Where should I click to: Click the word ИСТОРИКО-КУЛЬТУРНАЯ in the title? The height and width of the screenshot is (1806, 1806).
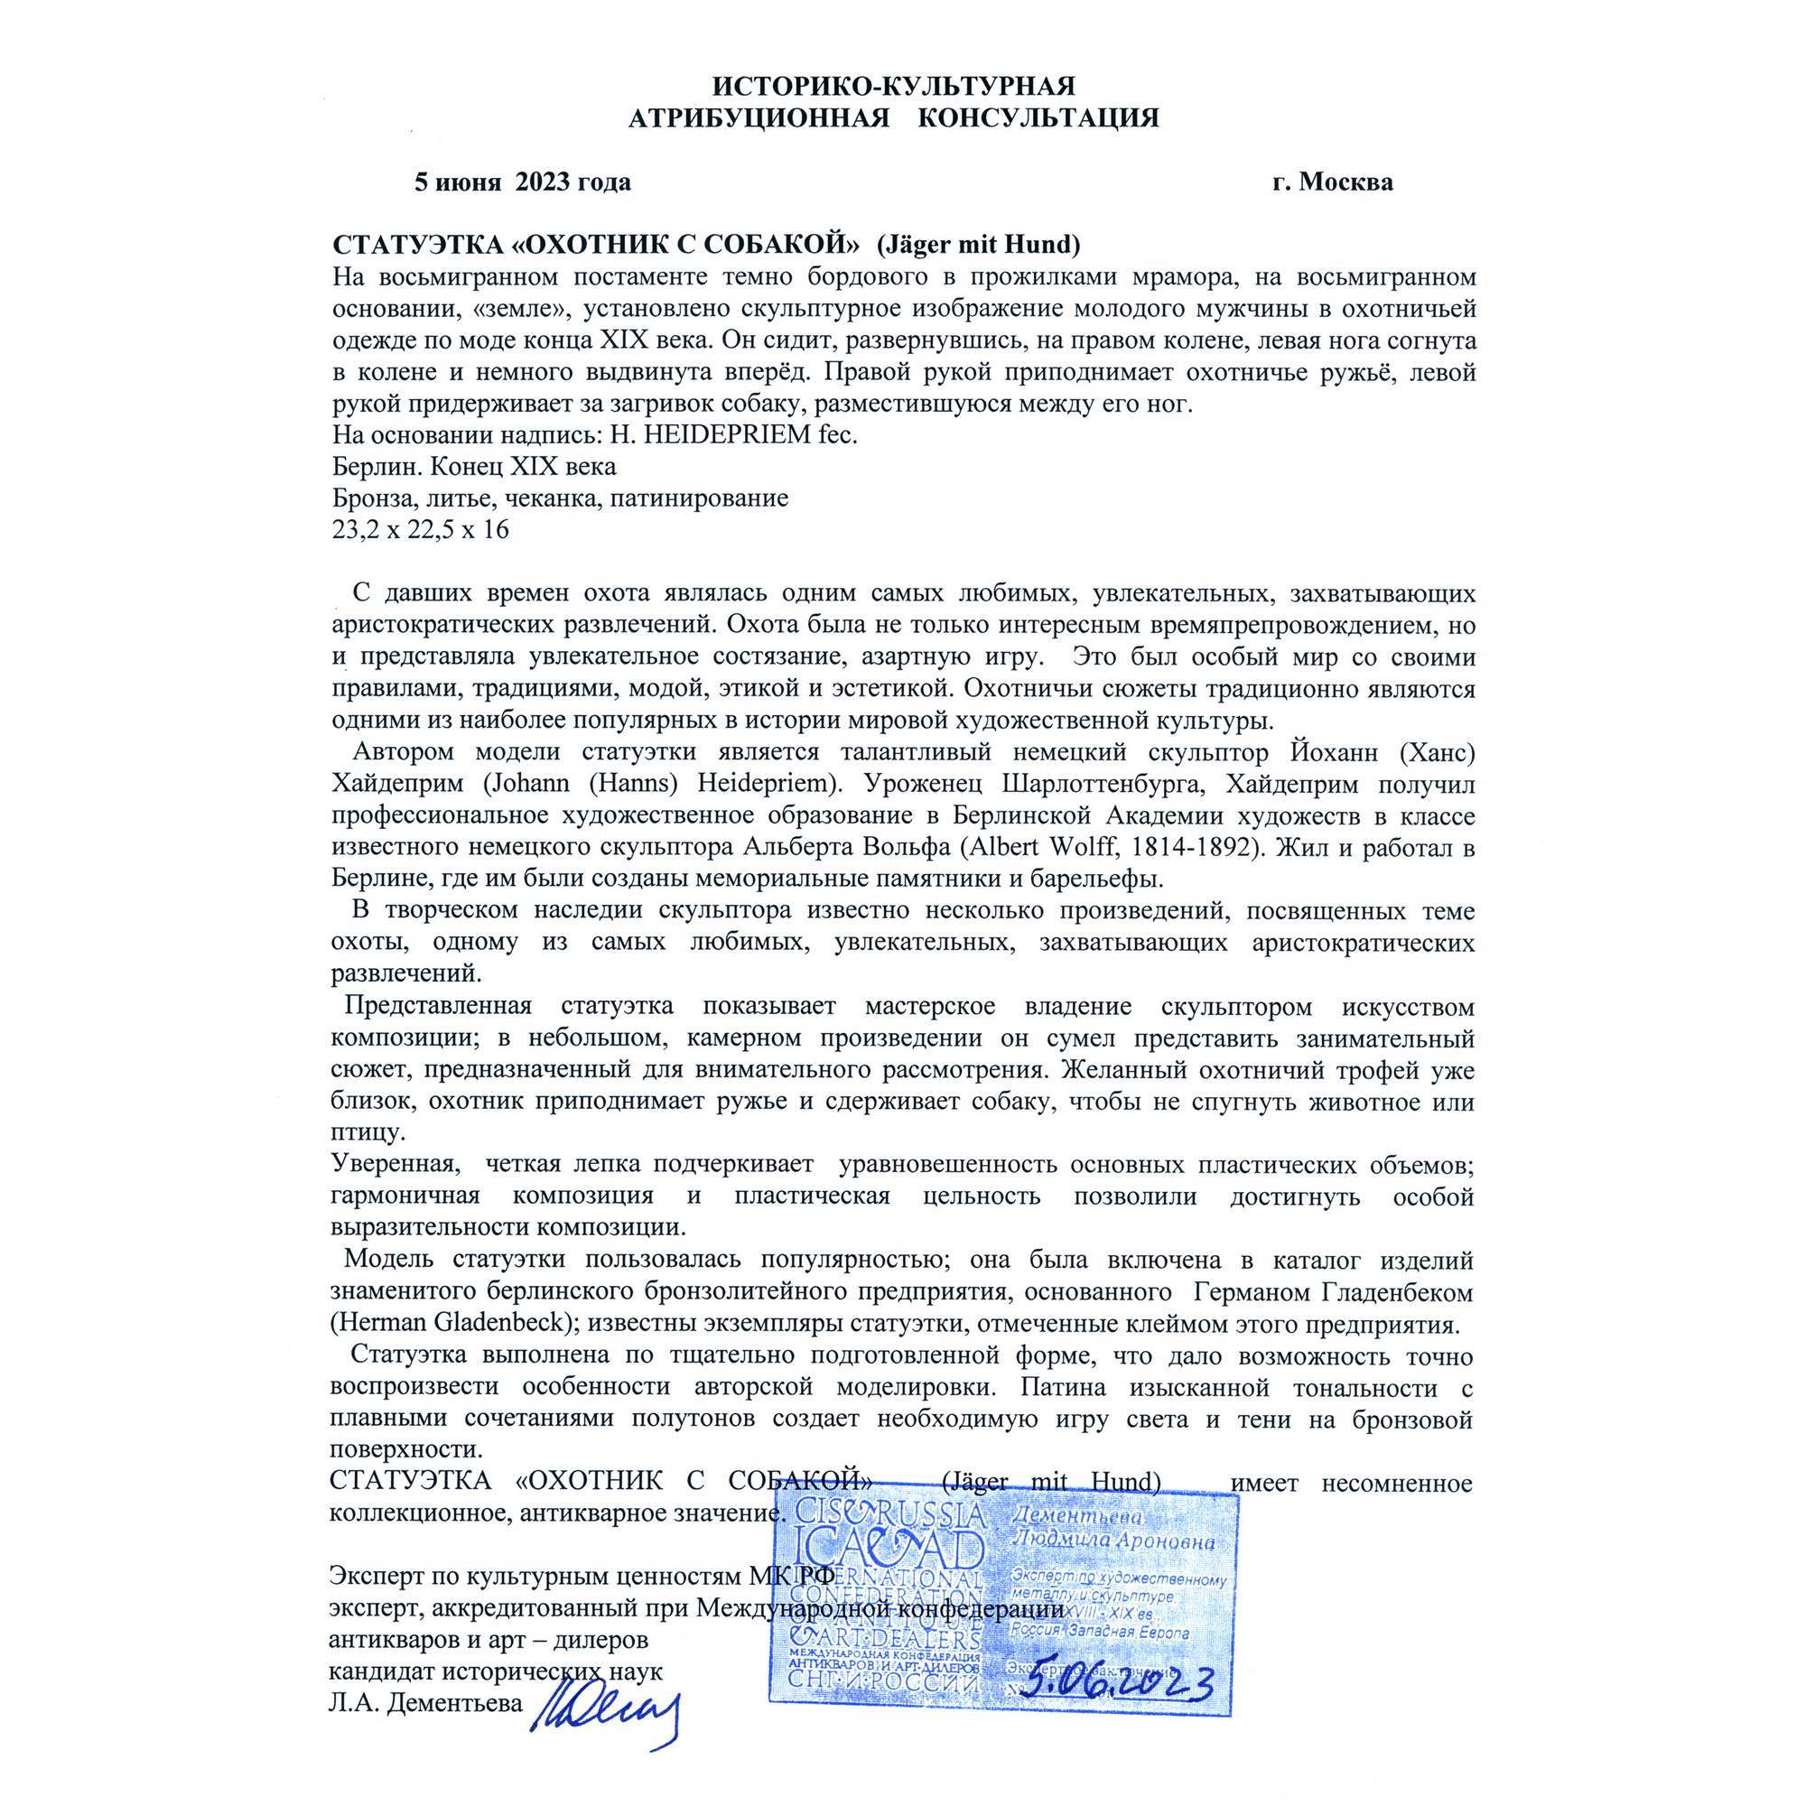coord(893,86)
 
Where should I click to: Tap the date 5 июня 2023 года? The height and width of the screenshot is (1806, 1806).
coord(523,182)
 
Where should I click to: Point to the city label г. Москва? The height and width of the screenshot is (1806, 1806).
coord(1331,182)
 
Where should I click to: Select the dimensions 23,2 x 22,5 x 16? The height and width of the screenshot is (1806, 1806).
coord(421,530)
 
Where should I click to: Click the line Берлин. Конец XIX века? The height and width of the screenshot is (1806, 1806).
coord(474,467)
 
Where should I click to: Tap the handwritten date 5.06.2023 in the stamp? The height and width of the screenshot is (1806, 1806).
coord(1117,1684)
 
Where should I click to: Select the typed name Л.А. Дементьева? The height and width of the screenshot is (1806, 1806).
coord(425,1703)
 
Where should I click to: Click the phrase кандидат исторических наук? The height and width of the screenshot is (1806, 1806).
coord(496,1671)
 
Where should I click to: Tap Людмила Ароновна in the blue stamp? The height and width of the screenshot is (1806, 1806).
coord(1113,1541)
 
